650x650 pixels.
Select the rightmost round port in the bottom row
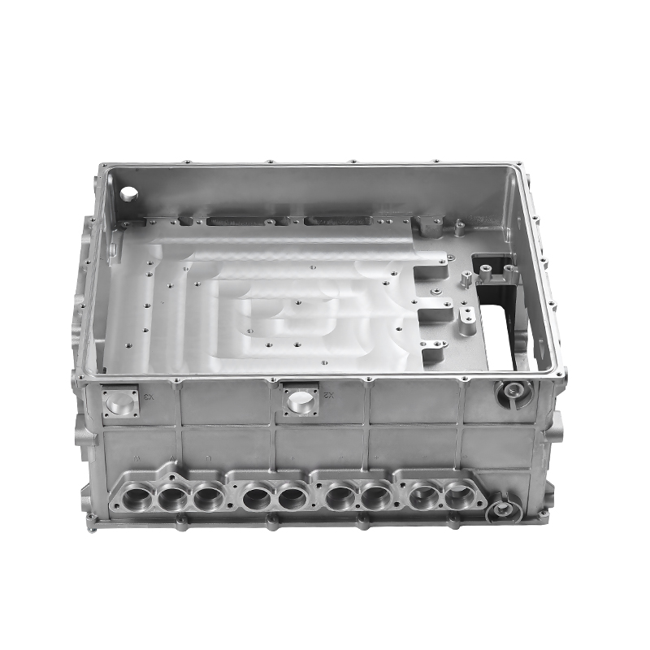click(458, 495)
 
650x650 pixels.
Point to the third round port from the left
click(208, 496)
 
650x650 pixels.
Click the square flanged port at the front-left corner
click(120, 401)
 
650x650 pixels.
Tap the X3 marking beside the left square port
click(148, 398)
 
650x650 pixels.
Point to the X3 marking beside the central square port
click(329, 396)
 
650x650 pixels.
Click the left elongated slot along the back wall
click(239, 221)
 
